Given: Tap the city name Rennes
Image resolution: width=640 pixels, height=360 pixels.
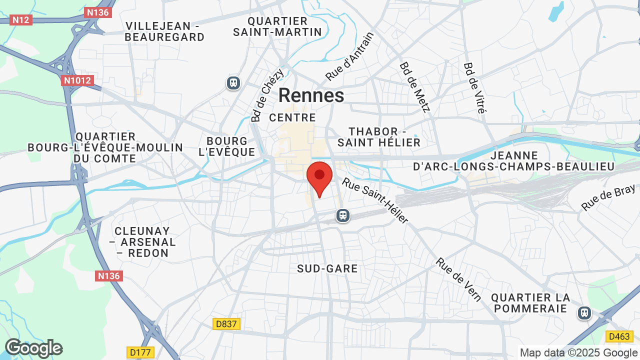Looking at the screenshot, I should (x=311, y=95).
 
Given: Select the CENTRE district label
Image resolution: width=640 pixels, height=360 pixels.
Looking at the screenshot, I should (x=292, y=118).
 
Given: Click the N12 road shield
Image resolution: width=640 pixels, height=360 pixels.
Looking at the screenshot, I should (x=21, y=20).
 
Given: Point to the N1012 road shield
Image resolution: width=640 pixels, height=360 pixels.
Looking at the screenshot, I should (x=77, y=80).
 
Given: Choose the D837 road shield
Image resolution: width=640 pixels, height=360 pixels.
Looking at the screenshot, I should (x=227, y=324).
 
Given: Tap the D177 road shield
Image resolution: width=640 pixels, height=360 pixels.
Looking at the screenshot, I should (x=140, y=352).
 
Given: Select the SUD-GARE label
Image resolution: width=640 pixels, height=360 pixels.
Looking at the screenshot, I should (x=327, y=269).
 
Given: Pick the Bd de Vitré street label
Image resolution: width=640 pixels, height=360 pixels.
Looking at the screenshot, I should (x=474, y=88).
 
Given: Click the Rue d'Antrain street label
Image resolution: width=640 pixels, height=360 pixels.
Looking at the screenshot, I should (x=349, y=57).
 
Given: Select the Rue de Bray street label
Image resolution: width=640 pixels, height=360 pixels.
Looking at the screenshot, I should (x=608, y=197).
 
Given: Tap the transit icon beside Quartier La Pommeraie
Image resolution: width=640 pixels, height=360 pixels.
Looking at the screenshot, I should (x=584, y=313).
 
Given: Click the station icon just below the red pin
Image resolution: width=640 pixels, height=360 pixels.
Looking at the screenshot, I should (x=342, y=215).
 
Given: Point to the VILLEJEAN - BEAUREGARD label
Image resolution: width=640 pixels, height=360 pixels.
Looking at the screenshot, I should (x=164, y=31).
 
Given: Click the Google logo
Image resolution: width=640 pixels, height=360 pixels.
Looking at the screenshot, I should (x=33, y=348).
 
